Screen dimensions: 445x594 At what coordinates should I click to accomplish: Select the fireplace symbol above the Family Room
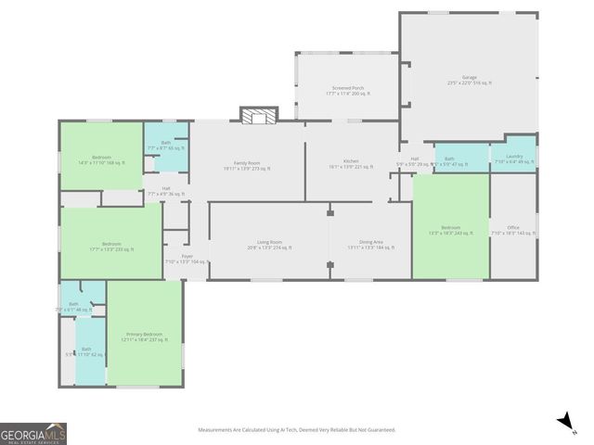click(x=259, y=115)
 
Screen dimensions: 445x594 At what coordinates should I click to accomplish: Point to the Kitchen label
click(x=351, y=164)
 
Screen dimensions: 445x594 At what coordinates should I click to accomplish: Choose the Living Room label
click(x=269, y=246)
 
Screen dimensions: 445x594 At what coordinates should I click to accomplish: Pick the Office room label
click(x=513, y=231)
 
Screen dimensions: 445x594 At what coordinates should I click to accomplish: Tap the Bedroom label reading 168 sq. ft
click(x=102, y=160)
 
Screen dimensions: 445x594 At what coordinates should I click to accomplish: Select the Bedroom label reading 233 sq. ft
click(x=111, y=248)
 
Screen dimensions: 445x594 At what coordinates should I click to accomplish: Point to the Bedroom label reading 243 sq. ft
click(x=450, y=231)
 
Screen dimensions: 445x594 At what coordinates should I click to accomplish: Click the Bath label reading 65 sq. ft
click(x=165, y=146)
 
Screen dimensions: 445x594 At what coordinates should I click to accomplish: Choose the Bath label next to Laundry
click(x=449, y=161)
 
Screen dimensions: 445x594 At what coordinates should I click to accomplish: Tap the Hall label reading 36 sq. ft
click(x=165, y=191)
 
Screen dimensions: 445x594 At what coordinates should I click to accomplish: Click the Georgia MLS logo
click(x=33, y=433)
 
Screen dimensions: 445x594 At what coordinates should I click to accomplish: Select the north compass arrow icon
click(x=563, y=423)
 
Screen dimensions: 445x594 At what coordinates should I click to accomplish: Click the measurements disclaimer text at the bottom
click(x=297, y=429)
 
